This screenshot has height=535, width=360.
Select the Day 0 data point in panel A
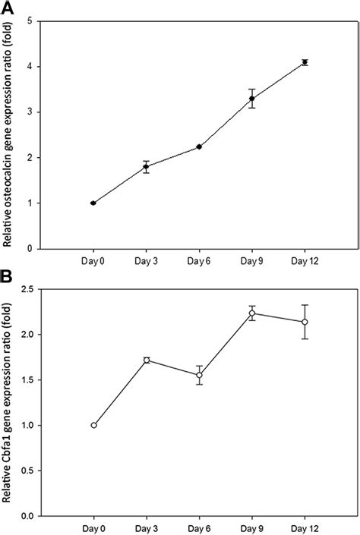pyautogui.click(x=93, y=203)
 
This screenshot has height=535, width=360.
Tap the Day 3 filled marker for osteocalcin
pyautogui.click(x=146, y=167)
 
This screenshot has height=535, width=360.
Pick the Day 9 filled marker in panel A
pyautogui.click(x=251, y=98)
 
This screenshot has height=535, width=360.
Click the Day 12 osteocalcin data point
pyautogui.click(x=305, y=62)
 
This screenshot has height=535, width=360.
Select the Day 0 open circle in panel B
pyautogui.click(x=93, y=425)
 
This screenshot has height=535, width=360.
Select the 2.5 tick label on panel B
pyautogui.click(x=27, y=289)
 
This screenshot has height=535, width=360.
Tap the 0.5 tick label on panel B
pyautogui.click(x=27, y=470)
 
